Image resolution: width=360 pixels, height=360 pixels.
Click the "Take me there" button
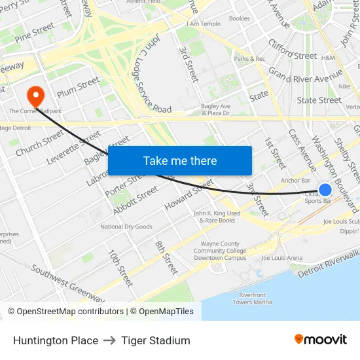coord(180,160)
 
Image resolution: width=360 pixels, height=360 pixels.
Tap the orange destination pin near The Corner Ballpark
coord(35,96)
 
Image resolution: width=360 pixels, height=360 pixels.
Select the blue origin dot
coord(325,190)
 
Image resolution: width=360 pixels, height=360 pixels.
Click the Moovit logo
coord(320,340)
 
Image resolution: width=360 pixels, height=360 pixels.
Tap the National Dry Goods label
coord(126,227)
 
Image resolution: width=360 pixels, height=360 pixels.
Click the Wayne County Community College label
coord(220,251)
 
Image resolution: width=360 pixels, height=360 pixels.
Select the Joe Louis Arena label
coord(282,258)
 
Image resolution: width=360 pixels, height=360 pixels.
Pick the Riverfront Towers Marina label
coord(252,298)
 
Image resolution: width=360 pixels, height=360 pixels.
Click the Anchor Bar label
coord(295,181)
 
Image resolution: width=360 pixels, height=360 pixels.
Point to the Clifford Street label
coord(292,56)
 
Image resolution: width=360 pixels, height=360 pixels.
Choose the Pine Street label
coord(35,31)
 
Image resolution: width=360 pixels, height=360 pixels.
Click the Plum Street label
coord(77,85)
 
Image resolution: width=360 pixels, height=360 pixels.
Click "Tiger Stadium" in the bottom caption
coord(156,340)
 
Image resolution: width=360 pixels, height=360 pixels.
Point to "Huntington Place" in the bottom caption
coord(56,340)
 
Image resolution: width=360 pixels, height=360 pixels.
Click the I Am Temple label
coord(204,24)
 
